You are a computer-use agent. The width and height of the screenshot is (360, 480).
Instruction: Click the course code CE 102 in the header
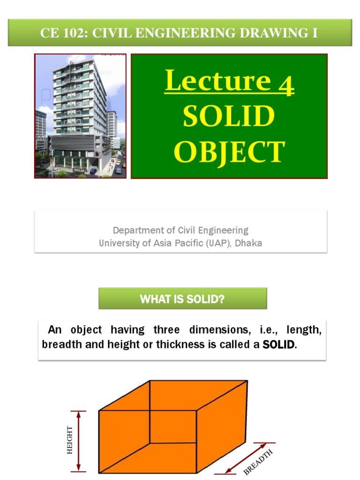[x=60, y=33]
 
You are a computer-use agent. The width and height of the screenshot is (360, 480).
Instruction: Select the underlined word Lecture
[x=217, y=82]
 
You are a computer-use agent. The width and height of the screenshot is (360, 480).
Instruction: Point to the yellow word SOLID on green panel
[x=229, y=116]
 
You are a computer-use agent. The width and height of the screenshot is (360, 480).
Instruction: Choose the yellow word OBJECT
[x=229, y=151]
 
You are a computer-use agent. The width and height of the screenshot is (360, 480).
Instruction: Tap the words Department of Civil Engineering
[x=180, y=230]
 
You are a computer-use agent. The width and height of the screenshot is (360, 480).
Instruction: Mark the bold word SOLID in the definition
[x=279, y=345]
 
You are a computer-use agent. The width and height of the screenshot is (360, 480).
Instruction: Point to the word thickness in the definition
[x=178, y=345]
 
